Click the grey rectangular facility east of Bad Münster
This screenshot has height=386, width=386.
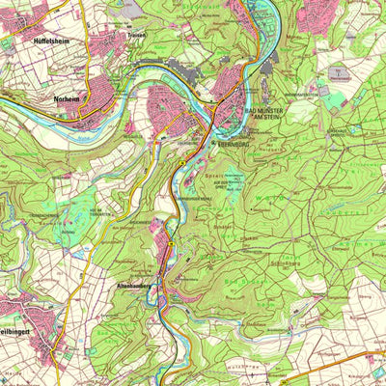(338, 75)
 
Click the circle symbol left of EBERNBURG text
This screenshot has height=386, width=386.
(214, 144)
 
